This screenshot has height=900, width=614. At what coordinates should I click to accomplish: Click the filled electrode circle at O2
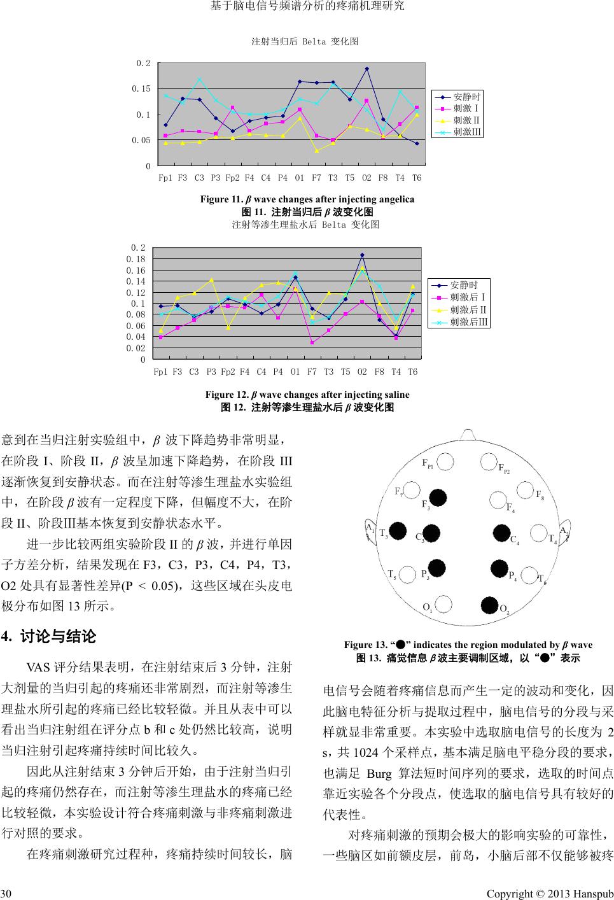tap(489, 604)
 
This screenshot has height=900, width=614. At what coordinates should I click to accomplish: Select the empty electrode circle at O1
tap(444, 603)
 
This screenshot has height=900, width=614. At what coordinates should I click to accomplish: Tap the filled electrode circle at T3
tap(398, 530)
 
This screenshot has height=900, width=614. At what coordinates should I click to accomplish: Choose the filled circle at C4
tap(503, 533)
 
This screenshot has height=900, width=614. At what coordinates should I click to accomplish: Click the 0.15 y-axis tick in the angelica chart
tap(142, 88)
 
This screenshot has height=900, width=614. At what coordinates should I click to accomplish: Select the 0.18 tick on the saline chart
tap(136, 259)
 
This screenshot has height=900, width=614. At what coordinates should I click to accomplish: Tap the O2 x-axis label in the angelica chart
tap(366, 178)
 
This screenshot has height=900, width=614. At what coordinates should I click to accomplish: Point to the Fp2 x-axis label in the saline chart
tap(228, 372)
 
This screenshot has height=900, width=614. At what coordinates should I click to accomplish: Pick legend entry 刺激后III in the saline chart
tap(469, 322)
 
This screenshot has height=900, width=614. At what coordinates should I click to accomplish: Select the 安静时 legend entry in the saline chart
tap(463, 285)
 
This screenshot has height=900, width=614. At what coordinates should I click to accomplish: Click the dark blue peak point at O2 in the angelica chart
tap(367, 69)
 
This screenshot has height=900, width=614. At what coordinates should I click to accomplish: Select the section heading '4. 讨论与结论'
tap(49, 636)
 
